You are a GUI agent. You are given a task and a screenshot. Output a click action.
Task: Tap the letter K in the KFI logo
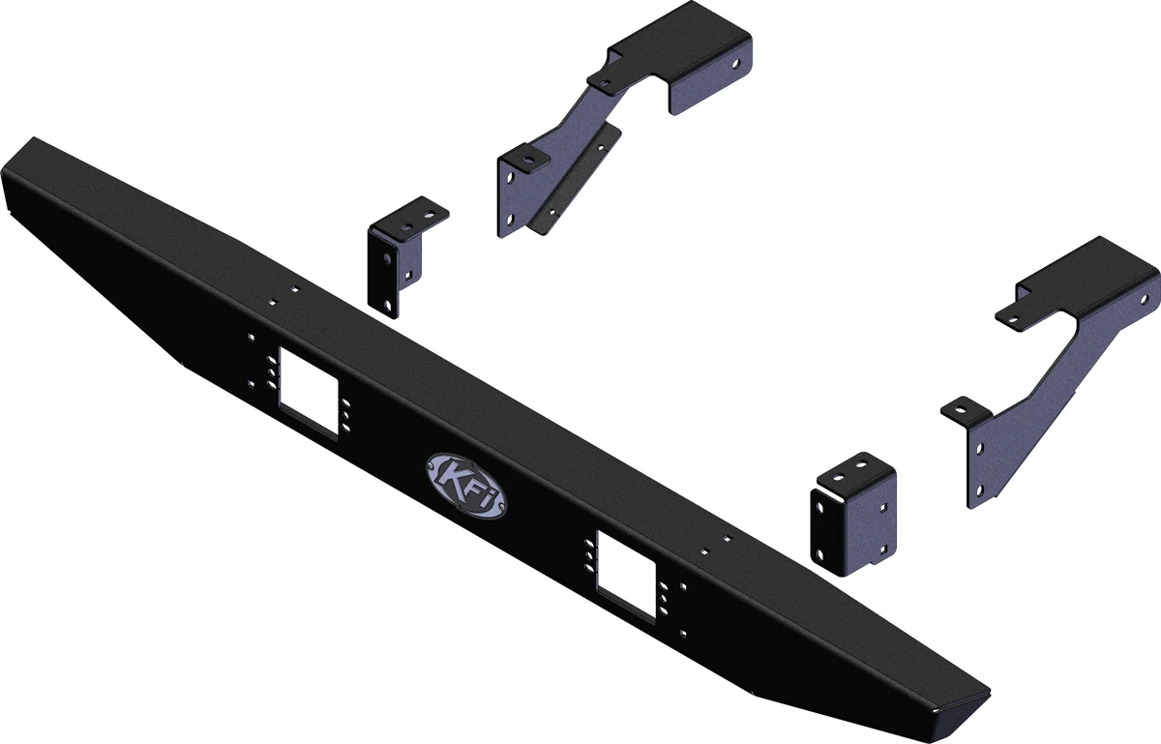450,476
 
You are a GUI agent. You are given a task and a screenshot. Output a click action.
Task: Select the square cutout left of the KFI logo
309,392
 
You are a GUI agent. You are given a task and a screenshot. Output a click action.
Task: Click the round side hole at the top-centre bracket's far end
737,65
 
